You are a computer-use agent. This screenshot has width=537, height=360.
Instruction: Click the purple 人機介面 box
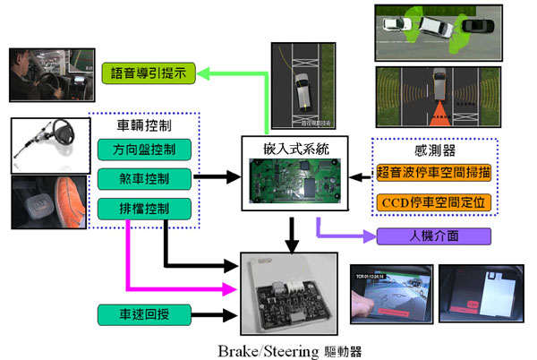click(435, 237)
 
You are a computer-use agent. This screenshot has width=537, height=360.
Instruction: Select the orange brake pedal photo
click(49, 205)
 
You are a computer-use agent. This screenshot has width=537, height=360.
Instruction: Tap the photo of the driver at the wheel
click(41, 73)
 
